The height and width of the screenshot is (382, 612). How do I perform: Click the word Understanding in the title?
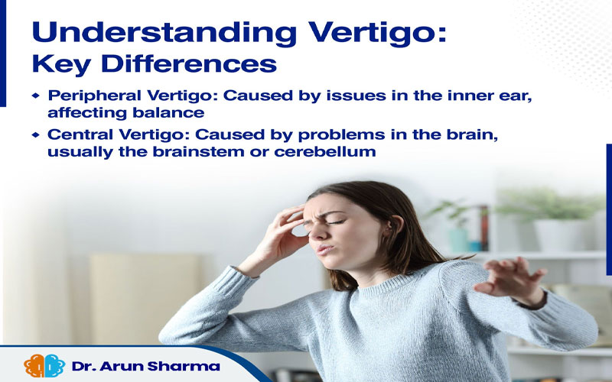coord(164,34)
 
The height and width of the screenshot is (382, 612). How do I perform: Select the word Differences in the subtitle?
coord(188,63)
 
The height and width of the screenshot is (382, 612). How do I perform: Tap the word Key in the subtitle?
coord(61,65)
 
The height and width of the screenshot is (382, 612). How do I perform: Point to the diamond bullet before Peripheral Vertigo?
coord(36,95)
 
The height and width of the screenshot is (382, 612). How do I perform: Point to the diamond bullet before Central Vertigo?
coord(36,135)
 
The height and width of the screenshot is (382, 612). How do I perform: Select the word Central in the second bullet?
coord(80,134)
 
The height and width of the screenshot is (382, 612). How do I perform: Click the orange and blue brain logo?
coord(44,366)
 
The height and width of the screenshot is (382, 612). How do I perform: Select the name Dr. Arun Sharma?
coord(145,367)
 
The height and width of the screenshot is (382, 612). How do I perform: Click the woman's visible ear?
coord(396,226)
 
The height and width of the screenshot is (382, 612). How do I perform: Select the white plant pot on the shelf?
coord(559,235)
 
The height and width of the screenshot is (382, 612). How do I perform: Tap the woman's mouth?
coord(324,249)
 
